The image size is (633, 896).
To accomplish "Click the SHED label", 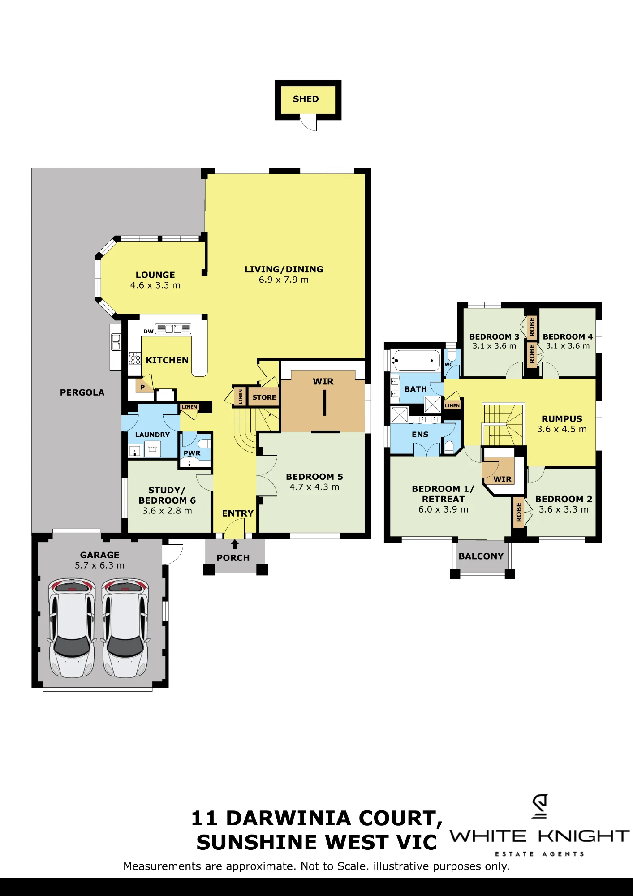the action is coord(306,99).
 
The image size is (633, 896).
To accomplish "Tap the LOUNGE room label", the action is coord(155,275).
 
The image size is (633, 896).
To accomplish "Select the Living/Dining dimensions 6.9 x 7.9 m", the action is coord(284,280).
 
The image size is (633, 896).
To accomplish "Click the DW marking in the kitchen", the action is coord(148,332).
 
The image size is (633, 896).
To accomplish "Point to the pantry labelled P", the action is coord(142,387).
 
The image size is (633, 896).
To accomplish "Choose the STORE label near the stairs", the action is coord(264,397).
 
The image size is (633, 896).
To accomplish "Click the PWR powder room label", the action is coord(192,453).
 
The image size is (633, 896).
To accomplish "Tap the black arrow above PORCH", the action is coord(235,544).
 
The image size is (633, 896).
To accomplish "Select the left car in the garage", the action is coord(72,628).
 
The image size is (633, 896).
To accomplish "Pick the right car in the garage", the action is coord(125,628).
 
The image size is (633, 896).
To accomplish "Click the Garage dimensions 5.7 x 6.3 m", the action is coord(99,566).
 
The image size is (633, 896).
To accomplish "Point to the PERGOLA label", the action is coord(82,392).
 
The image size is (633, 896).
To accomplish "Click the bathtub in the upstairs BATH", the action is coord(415,361).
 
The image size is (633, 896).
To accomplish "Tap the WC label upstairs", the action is coord(448,365).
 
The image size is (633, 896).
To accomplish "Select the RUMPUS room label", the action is coord(562,419).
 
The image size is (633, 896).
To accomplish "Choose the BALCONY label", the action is coord(481,556).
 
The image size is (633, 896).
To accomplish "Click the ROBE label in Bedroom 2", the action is coord(519,512).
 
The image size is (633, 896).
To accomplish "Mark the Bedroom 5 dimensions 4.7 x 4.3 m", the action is coord(314,487).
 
